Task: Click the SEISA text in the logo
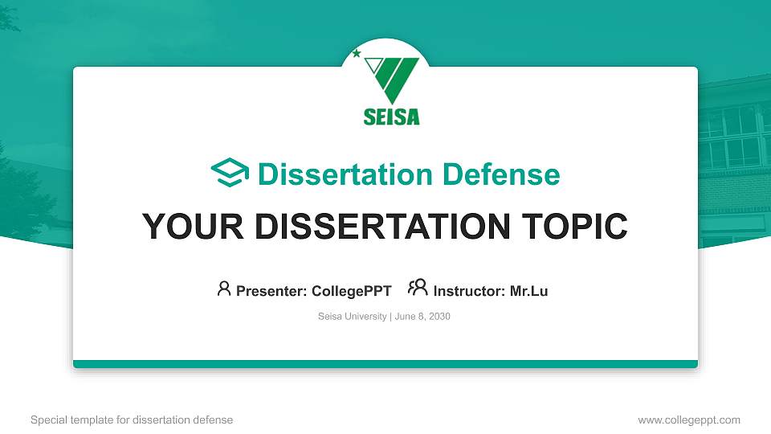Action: [391, 117]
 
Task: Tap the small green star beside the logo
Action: [357, 54]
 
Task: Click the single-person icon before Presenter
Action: [224, 289]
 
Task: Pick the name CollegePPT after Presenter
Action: [351, 291]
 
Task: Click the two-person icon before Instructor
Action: [418, 288]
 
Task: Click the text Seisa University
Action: [353, 317]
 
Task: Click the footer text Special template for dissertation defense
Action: [132, 420]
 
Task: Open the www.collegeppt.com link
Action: [688, 420]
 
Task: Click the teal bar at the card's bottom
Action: [385, 364]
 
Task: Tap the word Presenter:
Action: [271, 291]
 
